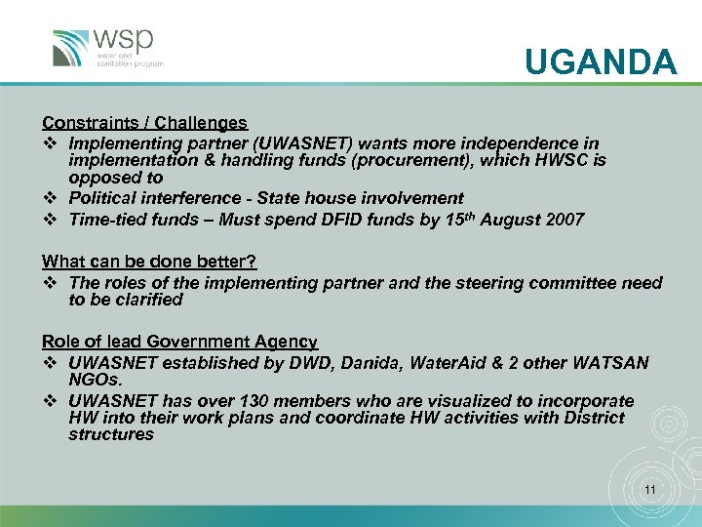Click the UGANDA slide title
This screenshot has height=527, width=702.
[x=600, y=63]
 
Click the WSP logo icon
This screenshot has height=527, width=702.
[x=71, y=48]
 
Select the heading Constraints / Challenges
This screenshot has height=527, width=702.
[x=144, y=123]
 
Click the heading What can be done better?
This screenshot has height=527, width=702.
[x=148, y=261]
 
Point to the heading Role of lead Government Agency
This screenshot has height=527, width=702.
[x=179, y=342]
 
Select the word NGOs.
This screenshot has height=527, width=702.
[x=95, y=380]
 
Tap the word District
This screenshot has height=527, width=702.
[x=588, y=418]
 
